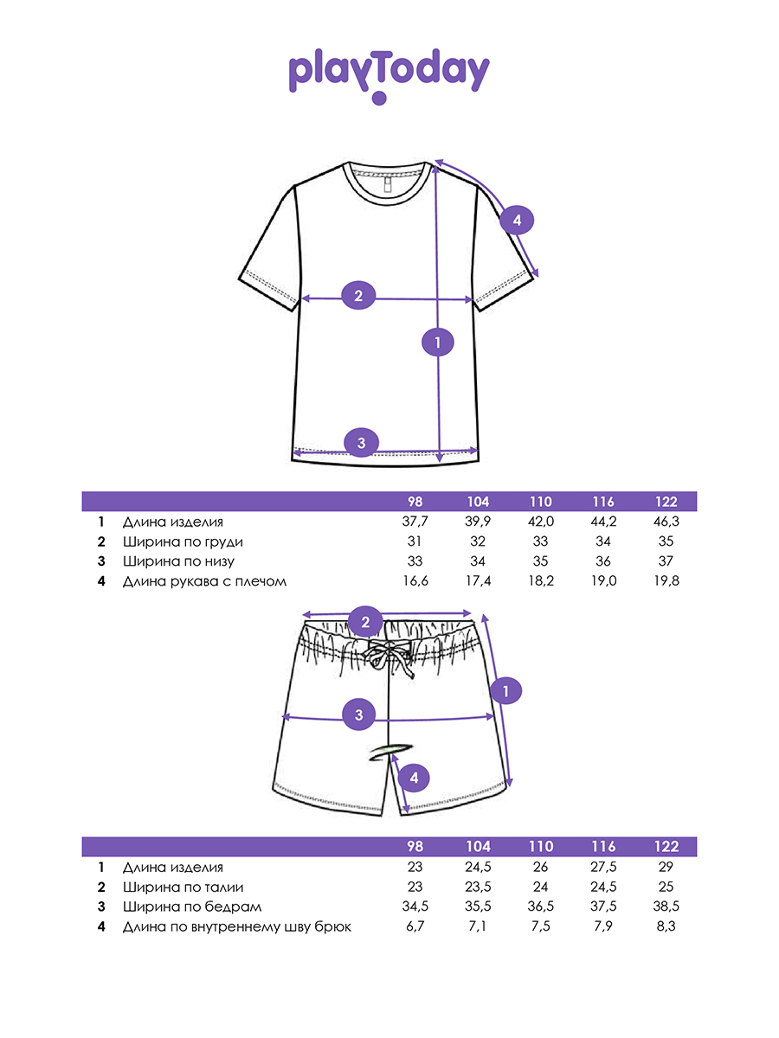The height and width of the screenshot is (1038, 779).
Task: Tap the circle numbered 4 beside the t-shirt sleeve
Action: (517, 221)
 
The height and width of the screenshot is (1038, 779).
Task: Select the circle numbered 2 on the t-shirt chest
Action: (358, 296)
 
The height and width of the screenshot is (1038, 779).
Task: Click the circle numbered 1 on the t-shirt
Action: (438, 342)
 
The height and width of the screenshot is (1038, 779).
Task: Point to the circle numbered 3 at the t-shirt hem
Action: (361, 443)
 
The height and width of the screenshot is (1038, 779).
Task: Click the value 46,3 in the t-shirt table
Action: (666, 522)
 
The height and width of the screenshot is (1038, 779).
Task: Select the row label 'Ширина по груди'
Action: (183, 541)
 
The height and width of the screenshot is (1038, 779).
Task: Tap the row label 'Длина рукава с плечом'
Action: (204, 581)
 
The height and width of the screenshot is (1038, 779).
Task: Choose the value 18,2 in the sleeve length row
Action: (541, 581)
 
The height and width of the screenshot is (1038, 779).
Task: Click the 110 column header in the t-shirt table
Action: (541, 502)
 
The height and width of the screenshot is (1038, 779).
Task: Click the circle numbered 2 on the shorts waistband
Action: (365, 621)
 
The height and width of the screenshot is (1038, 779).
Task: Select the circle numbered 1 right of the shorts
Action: (506, 690)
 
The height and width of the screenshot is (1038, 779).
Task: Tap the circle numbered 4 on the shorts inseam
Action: (415, 778)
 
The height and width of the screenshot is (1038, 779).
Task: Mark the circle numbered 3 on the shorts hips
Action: (359, 714)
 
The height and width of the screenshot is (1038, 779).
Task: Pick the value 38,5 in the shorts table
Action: (666, 907)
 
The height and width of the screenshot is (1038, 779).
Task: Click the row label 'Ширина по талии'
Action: (183, 887)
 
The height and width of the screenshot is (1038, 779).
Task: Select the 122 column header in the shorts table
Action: (666, 847)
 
